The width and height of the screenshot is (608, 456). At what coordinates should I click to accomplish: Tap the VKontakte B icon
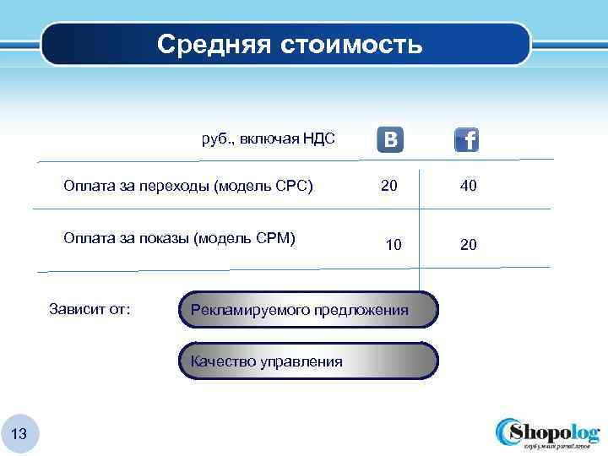390,139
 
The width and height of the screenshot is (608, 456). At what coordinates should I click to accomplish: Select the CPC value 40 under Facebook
469,186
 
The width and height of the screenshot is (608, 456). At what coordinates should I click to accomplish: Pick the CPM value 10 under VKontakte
394,245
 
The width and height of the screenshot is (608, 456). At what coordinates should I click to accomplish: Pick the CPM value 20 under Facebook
469,245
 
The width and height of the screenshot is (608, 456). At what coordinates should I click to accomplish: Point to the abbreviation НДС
319,138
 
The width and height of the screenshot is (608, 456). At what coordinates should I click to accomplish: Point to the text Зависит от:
90,309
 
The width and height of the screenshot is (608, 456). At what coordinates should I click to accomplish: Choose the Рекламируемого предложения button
308,310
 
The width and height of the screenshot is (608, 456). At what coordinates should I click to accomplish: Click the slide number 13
20,434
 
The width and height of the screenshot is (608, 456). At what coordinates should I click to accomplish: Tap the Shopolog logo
546,432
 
